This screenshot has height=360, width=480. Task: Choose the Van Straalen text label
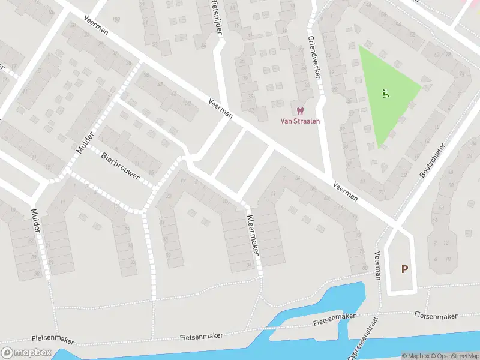pos(301,121)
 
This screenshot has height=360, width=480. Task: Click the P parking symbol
pos(404,269)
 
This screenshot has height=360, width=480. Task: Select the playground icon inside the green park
pos(386,92)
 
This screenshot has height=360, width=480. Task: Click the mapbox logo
pos(26,353)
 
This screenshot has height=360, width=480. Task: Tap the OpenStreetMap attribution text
pos(455,356)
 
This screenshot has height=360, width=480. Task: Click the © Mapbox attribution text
pos(415,356)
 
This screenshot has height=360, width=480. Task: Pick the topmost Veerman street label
pos(97,25)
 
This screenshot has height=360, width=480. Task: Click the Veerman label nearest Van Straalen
pos(220,108)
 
